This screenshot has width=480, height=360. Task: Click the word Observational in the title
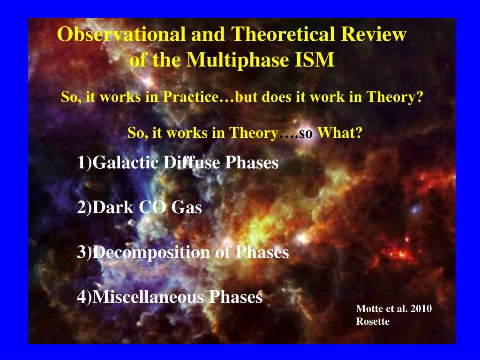[x=121, y=34]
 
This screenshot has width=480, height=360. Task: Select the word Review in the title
[x=374, y=34]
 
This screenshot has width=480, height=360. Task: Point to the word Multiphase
[x=238, y=60]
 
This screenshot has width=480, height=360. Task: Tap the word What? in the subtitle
[x=340, y=133]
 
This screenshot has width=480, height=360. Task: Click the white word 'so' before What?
[x=306, y=134]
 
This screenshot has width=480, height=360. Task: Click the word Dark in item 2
[x=113, y=207]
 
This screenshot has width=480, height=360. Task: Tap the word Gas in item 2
[x=187, y=207]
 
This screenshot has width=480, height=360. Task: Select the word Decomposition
[x=151, y=253]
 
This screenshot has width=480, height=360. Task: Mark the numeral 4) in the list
[x=84, y=297]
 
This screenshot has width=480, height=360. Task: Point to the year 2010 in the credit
[x=421, y=308]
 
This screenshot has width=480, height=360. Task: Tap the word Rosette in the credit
[x=373, y=322]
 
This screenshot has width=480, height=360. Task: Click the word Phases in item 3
[x=262, y=253]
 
